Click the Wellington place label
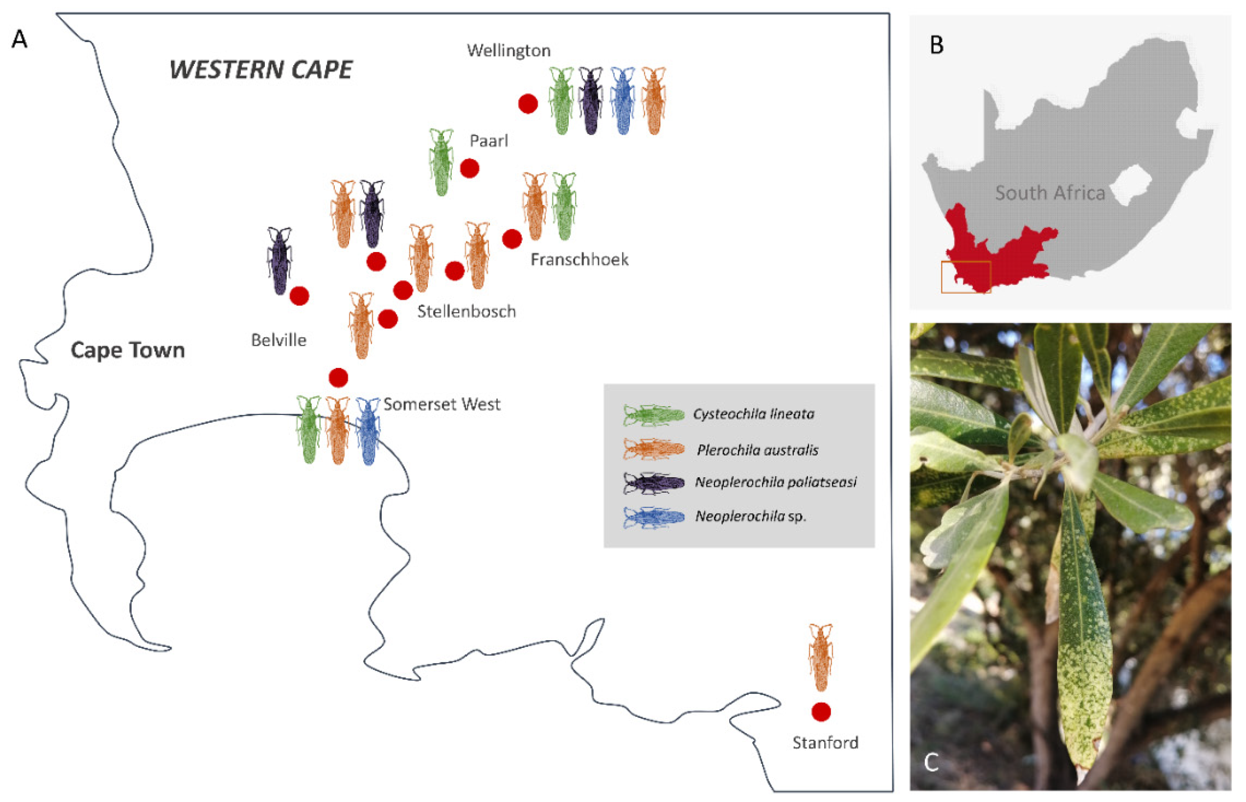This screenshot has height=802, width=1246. pyautogui.click(x=508, y=51)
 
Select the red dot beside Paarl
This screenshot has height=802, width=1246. pyautogui.click(x=469, y=168)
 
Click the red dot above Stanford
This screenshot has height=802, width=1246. pyautogui.click(x=821, y=711)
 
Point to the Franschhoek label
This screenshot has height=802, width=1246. pyautogui.click(x=579, y=259)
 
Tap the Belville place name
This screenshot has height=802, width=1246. pyautogui.click(x=279, y=340)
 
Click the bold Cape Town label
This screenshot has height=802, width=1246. pyautogui.click(x=127, y=350)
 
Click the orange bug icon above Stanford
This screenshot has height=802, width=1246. pyautogui.click(x=821, y=657)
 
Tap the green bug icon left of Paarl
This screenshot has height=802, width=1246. pyautogui.click(x=441, y=162)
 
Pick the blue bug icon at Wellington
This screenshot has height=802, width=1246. pyautogui.click(x=623, y=101)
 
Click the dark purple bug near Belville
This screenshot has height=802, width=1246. pyautogui.click(x=279, y=260)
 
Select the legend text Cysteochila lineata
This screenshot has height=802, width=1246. pyautogui.click(x=753, y=414)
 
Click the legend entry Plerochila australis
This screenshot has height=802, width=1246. pyautogui.click(x=757, y=450)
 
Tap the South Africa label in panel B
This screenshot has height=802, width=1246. pyautogui.click(x=1050, y=193)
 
